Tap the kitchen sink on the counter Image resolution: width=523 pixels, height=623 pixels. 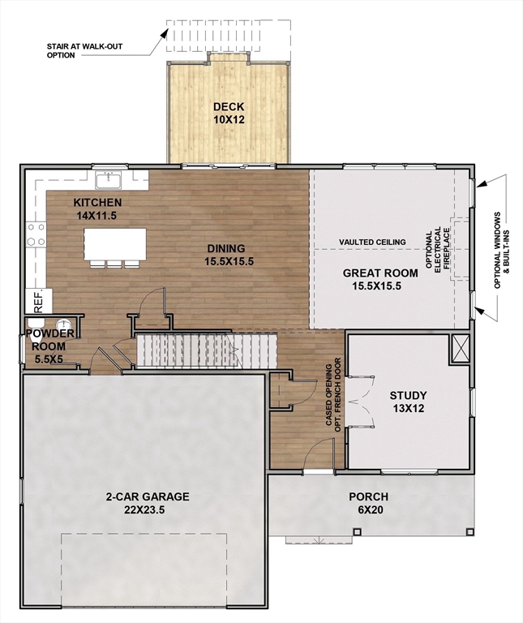108,179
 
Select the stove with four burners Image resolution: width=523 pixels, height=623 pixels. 36,234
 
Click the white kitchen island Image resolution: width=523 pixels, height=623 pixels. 115,243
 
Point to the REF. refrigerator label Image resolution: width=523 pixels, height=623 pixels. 36,299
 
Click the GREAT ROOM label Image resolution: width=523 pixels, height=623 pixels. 379,279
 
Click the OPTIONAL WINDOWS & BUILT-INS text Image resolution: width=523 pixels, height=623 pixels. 500,250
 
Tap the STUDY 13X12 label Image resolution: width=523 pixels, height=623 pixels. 408,402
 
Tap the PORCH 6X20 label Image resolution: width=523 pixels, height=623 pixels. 368,503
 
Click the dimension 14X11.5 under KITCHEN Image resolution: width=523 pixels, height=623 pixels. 97,216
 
